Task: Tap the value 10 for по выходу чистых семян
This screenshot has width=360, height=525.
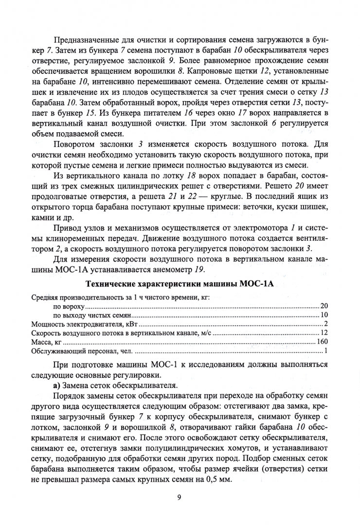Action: pos(324,315)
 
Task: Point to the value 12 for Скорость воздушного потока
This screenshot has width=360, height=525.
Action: pos(324,333)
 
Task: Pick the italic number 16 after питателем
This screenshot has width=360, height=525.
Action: pos(171,111)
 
